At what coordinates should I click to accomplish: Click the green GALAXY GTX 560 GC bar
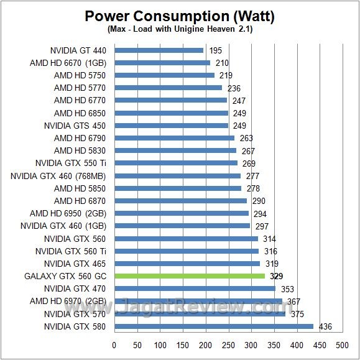click(190, 276)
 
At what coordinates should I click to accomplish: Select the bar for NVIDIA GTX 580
click(214, 326)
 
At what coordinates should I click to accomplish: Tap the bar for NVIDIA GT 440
click(159, 50)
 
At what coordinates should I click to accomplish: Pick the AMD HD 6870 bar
click(180, 201)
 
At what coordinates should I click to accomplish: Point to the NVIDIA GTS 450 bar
click(171, 126)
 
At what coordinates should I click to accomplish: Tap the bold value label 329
click(278, 276)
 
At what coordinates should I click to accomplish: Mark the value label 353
click(288, 288)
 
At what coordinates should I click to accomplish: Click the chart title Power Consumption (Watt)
click(180, 16)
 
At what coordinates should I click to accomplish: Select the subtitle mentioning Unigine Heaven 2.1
click(180, 29)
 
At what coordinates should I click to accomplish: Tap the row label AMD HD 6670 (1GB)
click(68, 63)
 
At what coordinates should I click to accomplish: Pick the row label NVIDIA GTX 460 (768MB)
click(58, 176)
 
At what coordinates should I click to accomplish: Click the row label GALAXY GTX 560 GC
click(65, 276)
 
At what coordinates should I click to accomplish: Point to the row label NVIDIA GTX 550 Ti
click(70, 163)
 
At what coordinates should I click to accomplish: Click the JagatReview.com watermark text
click(187, 307)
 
